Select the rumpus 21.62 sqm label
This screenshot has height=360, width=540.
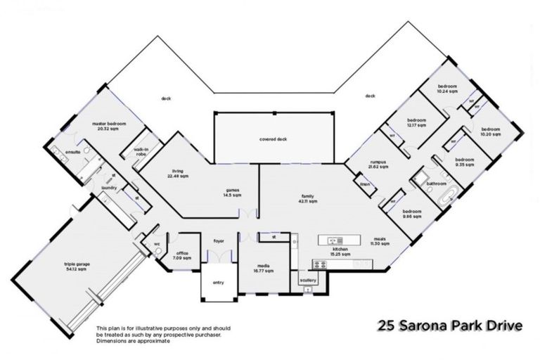pos(378,165)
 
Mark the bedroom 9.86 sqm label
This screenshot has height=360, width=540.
pos(411,214)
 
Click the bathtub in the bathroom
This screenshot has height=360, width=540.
pos(447,197)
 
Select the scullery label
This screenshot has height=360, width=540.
pos(308,280)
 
